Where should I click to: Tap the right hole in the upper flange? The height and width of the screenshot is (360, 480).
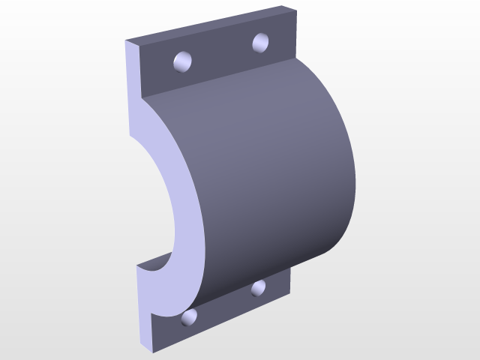pos(261,42)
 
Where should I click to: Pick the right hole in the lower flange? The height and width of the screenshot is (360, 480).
pos(259,287)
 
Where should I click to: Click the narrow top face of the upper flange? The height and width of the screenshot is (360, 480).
pos(210,24)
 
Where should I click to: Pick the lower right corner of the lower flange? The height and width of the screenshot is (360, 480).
pos(290,294)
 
